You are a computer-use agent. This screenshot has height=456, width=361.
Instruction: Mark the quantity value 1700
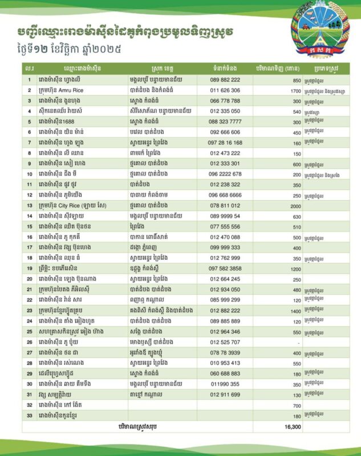tap(295, 91)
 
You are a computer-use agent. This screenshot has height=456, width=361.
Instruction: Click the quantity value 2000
tap(295, 205)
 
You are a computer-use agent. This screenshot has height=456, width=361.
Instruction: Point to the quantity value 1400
tap(295, 311)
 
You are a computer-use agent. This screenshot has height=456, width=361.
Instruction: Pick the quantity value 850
tap(296, 80)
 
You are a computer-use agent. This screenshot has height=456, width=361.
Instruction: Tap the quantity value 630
tap(296, 216)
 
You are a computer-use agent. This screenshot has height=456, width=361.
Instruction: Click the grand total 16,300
tap(293, 426)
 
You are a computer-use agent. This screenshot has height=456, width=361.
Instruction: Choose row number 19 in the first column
tap(29, 268)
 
